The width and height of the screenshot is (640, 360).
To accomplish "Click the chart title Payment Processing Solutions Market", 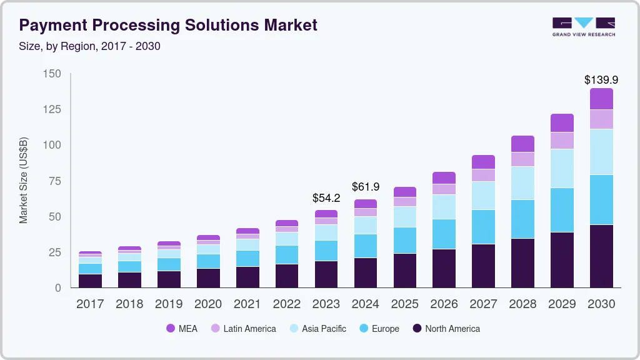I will point(169,25).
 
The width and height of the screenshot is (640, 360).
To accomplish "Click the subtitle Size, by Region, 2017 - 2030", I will point(90,47).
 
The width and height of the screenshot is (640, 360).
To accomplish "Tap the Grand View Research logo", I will point(583,26).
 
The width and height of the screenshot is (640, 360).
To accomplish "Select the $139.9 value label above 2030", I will point(601,80).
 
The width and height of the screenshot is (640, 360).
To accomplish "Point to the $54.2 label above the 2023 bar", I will point(326,198).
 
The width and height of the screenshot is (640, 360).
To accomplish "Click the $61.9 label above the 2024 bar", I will point(365,187).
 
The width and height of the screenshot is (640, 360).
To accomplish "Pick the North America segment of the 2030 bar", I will point(601,256).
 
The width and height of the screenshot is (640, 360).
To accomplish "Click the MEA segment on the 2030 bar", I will point(601,99).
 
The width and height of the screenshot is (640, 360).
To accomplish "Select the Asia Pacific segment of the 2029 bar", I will point(562,168).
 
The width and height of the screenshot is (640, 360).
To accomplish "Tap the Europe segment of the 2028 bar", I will point(522,219).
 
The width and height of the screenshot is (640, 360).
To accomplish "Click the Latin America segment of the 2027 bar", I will point(483,175).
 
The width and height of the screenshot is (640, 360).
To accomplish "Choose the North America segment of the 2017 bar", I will point(90,281).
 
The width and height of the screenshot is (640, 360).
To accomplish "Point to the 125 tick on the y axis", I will point(53,109).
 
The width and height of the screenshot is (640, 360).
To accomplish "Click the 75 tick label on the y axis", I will point(56,181).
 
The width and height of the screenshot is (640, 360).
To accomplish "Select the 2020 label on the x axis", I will point(207,304).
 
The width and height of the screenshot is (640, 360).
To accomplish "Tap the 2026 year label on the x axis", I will point(444,304).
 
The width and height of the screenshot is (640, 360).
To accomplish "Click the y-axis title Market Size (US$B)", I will point(23,180).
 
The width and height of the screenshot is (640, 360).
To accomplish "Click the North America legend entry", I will point(446,329).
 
